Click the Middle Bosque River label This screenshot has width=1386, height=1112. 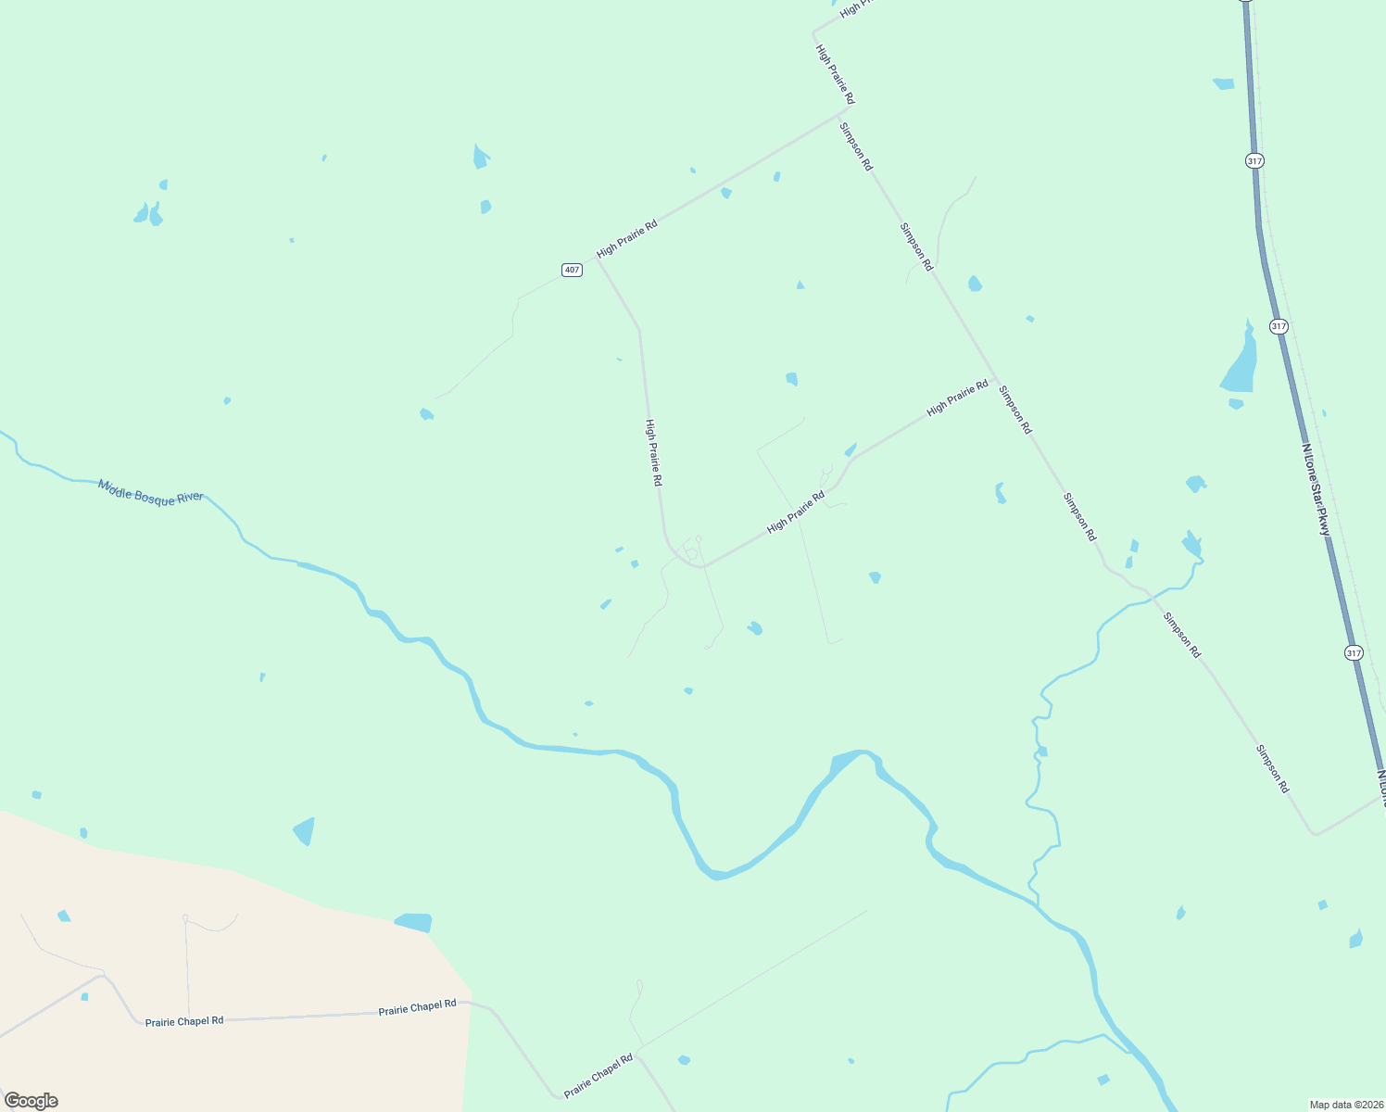click(x=151, y=492)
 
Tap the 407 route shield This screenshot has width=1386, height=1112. click(x=572, y=270)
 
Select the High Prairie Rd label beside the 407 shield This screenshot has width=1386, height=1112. click(x=626, y=238)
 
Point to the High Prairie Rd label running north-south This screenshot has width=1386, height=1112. click(x=653, y=453)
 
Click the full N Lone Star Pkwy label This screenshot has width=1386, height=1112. click(x=1316, y=489)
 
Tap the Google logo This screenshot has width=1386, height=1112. click(x=31, y=1101)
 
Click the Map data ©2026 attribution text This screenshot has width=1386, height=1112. click(x=1345, y=1105)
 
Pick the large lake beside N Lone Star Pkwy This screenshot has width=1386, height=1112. click(x=1241, y=361)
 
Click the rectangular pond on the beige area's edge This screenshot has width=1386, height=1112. click(x=414, y=922)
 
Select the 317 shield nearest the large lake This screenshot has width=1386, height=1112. click(x=1279, y=326)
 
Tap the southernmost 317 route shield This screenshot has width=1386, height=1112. click(x=1354, y=653)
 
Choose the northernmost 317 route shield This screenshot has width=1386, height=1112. click(x=1254, y=160)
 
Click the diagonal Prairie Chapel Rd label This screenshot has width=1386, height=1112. click(x=598, y=1075)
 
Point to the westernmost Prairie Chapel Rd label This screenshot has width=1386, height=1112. click(x=184, y=1021)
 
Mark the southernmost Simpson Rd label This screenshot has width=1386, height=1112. click(x=1272, y=768)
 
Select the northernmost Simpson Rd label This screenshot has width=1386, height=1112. click(x=856, y=146)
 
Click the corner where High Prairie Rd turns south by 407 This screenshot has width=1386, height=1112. click(x=598, y=259)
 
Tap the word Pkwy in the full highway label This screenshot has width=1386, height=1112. click(x=1325, y=520)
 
